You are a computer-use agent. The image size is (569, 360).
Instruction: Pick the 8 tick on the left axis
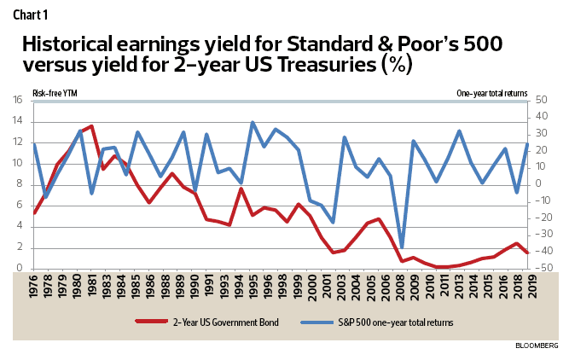19,184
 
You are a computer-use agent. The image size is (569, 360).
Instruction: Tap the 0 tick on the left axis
19,269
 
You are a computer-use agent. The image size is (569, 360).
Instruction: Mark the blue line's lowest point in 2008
402,247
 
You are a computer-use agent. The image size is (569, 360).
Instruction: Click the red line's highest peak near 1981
91,126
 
